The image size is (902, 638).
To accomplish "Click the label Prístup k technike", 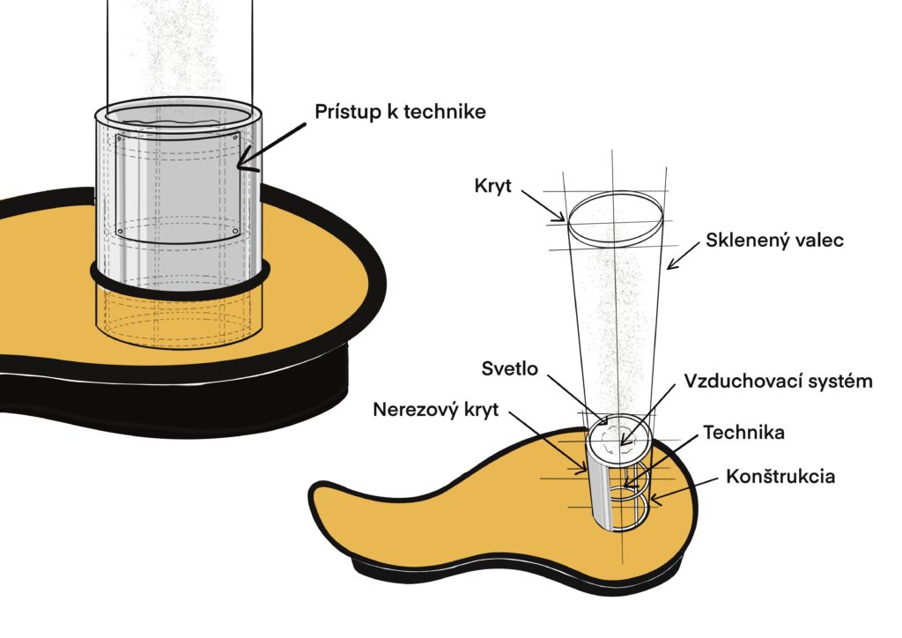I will (400, 113).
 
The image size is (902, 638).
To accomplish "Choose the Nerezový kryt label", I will (434, 410).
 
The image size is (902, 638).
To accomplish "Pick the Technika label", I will (743, 433).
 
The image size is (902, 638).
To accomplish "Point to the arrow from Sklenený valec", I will (681, 256).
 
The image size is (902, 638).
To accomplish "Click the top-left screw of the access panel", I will (120, 138).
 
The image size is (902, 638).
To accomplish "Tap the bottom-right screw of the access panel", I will (235, 232).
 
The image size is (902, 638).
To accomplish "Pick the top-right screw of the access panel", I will (236, 137).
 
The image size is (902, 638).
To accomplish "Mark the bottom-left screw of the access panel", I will (120, 232).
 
